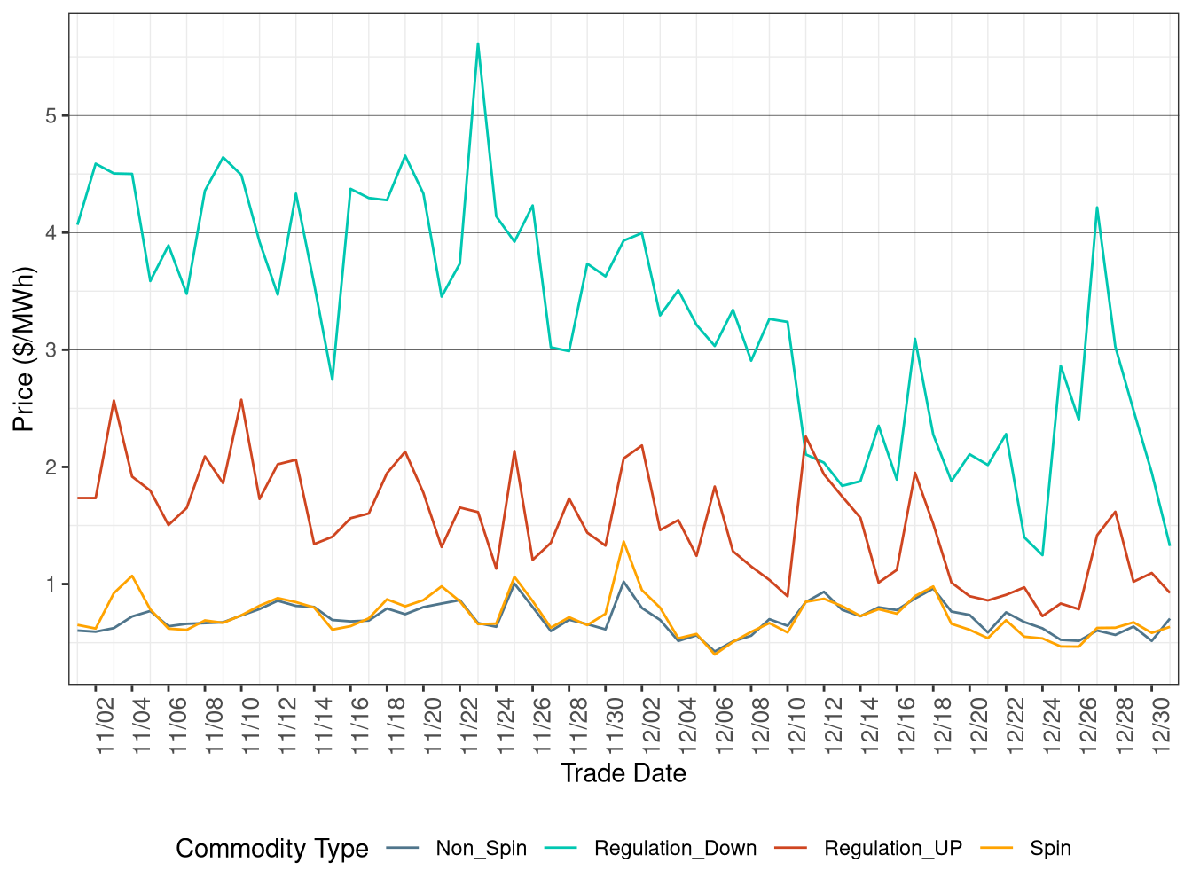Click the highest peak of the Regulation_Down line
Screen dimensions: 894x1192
tap(478, 43)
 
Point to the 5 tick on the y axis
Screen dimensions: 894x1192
tap(51, 115)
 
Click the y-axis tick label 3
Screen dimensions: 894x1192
tap(51, 349)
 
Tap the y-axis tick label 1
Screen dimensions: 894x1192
tap(51, 584)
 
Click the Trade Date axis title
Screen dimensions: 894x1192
tap(623, 773)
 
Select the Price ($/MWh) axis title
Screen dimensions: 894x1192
tap(24, 349)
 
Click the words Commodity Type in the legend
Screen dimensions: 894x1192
tap(271, 849)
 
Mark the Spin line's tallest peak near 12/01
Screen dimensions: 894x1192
tap(623, 541)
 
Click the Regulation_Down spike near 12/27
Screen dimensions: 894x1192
tap(1097, 208)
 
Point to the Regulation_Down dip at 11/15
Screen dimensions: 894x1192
tap(332, 380)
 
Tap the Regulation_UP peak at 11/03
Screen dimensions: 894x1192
tap(114, 400)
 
